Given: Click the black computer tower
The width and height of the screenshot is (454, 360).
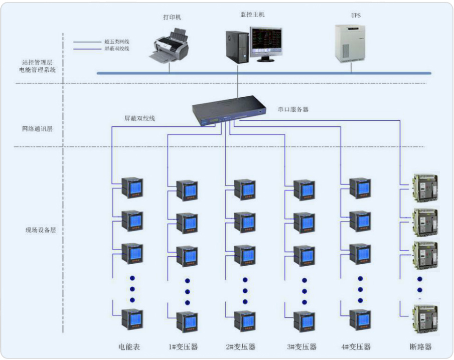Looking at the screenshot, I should click(x=237, y=47).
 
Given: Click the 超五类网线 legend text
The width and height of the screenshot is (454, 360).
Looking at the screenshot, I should click(x=116, y=42).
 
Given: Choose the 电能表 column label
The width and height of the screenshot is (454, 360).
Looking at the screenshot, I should click(x=128, y=347).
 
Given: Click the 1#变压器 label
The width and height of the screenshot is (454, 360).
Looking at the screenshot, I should click(x=183, y=347).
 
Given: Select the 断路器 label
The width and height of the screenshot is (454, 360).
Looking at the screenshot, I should click(x=420, y=347).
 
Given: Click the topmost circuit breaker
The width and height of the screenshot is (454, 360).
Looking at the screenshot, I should click(x=425, y=186).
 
